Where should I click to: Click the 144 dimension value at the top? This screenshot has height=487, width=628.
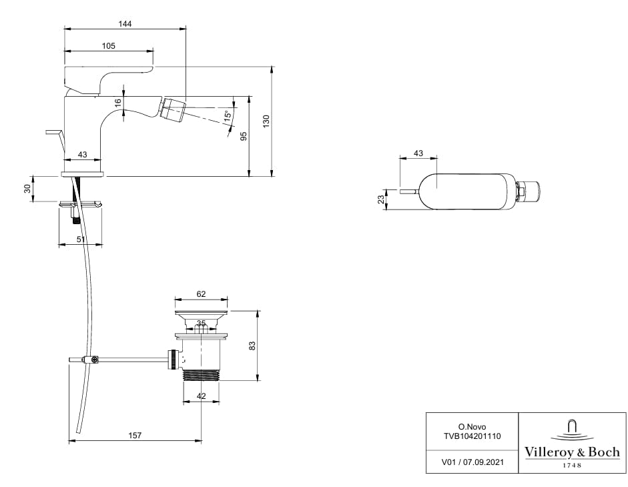tap(125, 23)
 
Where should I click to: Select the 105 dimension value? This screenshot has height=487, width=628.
tap(109, 45)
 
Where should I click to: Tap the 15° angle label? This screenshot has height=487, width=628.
tap(228, 115)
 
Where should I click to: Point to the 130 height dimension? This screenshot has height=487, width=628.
tap(266, 121)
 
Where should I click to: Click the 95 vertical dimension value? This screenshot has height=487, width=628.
tap(244, 135)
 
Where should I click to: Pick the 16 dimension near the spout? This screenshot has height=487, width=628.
tap(117, 103)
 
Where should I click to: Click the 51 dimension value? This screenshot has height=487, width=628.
tap(81, 239)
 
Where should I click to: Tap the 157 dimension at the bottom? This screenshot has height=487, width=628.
tap(135, 435)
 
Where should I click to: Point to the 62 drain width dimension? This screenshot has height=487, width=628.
tap(201, 293)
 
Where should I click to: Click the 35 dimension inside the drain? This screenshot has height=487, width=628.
tap(201, 324)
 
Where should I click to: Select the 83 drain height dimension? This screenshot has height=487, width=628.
tap(252, 346)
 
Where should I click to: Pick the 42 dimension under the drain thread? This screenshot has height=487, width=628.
tap(201, 396)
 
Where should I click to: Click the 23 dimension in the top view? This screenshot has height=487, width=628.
tap(380, 199)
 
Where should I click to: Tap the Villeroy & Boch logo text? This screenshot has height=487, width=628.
tap(572, 452)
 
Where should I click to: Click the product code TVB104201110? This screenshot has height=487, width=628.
tap(472, 435)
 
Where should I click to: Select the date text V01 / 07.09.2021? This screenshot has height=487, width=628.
tap(472, 461)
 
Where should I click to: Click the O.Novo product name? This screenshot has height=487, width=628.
tap(472, 425)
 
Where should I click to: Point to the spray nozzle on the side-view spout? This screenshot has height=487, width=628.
tap(173, 109)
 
